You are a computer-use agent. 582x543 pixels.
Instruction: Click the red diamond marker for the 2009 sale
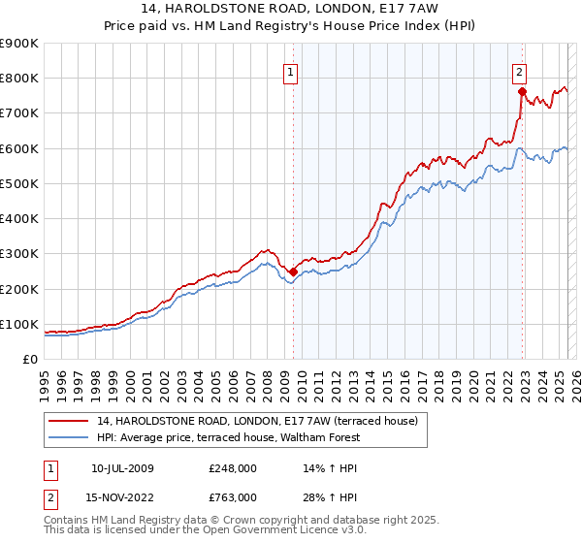coord(293,272)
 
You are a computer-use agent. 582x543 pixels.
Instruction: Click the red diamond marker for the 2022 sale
coord(522,92)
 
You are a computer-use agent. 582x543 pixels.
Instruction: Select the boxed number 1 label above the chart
coord(291,71)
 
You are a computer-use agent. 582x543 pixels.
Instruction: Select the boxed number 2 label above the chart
coord(520,71)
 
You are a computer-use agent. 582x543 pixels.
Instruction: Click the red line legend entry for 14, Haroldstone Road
coord(256,421)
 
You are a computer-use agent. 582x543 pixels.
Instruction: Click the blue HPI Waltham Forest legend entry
coord(228,437)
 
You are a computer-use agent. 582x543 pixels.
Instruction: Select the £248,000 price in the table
coord(233,468)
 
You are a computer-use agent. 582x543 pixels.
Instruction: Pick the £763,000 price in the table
coord(233,497)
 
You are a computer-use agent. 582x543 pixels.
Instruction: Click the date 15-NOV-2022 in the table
coord(123,497)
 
